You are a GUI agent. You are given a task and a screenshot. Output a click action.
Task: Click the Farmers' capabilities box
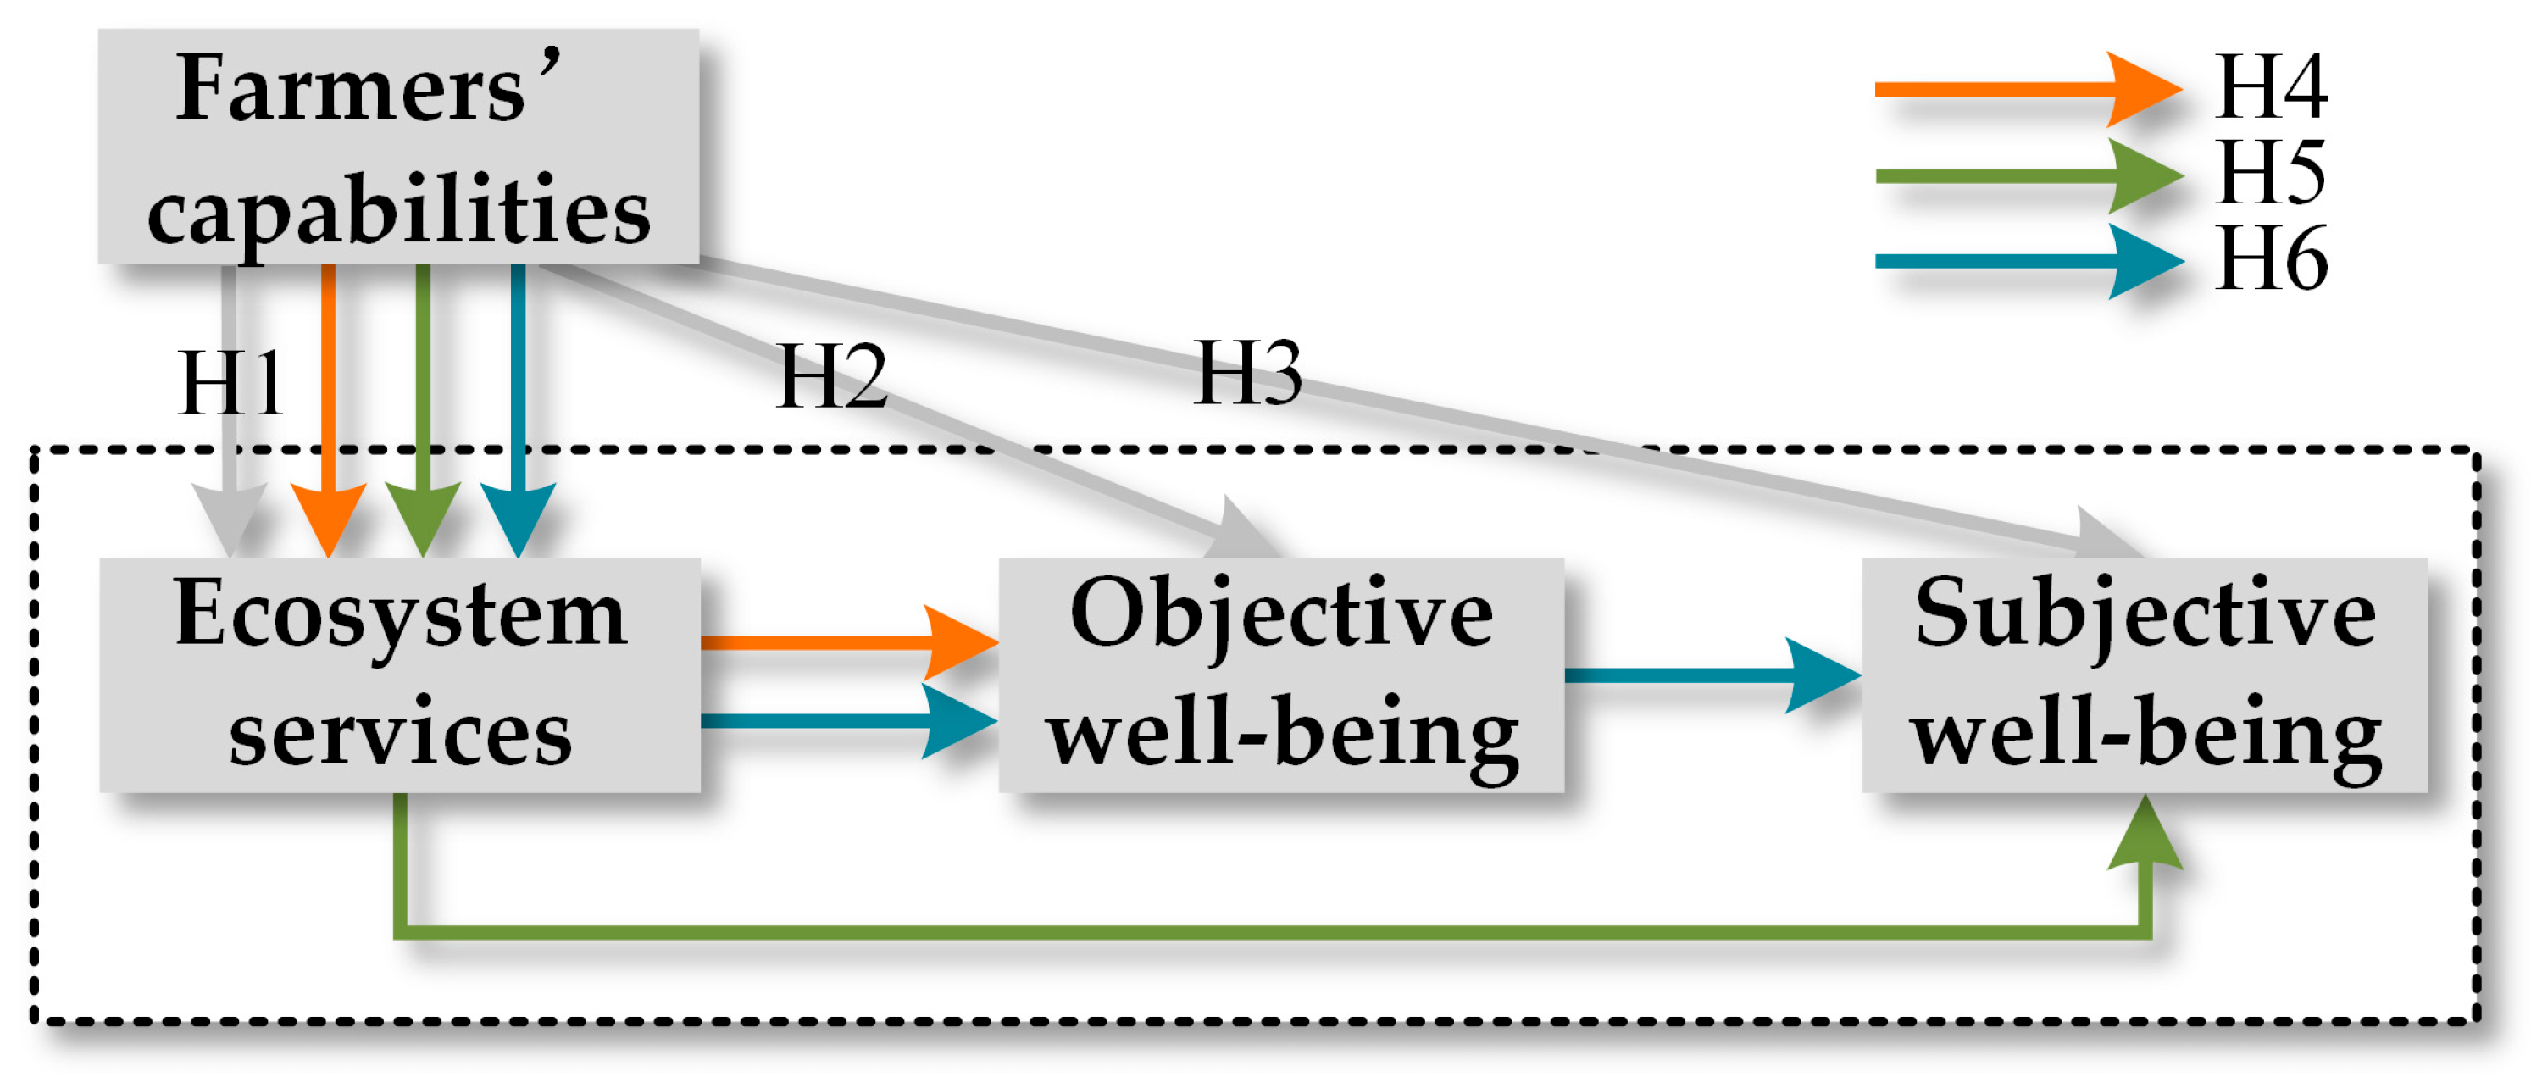[x=398, y=146]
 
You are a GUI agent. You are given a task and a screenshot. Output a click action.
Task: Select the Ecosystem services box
[x=400, y=675]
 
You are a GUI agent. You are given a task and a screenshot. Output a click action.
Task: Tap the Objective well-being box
[x=1280, y=675]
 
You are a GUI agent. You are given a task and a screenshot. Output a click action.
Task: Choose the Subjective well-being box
[x=2144, y=675]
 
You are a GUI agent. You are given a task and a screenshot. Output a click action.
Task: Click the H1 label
[x=230, y=383]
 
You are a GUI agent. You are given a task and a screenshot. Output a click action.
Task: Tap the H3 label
[x=1248, y=373]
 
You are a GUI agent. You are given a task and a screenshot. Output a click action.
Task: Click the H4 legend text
[x=2270, y=87]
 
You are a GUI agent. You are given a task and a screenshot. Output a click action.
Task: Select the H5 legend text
[x=2270, y=173]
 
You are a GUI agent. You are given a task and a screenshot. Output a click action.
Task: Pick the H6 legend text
[x=2270, y=259]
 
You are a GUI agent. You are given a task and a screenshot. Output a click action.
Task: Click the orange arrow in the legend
[x=2024, y=90]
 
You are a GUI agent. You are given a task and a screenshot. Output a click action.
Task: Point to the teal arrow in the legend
[x=2024, y=261]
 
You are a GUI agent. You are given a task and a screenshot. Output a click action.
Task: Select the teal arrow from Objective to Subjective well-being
[x=1710, y=675]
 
